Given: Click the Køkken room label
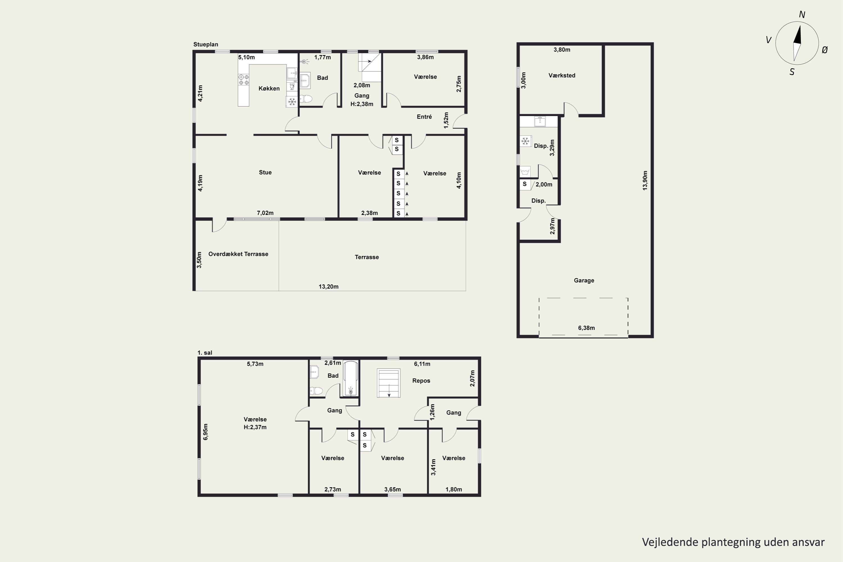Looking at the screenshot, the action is click(x=269, y=89).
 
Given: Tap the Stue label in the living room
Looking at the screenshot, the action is click(x=265, y=173).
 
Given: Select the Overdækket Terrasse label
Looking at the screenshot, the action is click(x=238, y=254).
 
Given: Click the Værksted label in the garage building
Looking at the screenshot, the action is click(x=562, y=76).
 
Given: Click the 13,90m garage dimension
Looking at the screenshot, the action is click(x=645, y=180).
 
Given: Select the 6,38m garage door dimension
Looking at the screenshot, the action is click(x=586, y=328).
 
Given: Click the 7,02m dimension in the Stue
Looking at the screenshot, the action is click(x=265, y=213).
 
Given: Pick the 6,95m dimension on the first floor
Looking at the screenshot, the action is click(x=205, y=432).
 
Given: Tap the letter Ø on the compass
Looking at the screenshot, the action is click(x=825, y=50).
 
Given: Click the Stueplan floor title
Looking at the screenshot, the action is click(x=206, y=44).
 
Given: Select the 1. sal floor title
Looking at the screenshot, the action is click(x=205, y=353).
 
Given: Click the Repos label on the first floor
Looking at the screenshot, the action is click(x=421, y=381).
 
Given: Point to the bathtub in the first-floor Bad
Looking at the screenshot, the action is click(x=350, y=379).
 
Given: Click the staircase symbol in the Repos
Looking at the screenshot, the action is click(x=389, y=383).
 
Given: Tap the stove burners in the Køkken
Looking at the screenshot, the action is click(x=244, y=80).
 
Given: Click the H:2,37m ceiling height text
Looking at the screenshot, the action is click(x=255, y=427).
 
